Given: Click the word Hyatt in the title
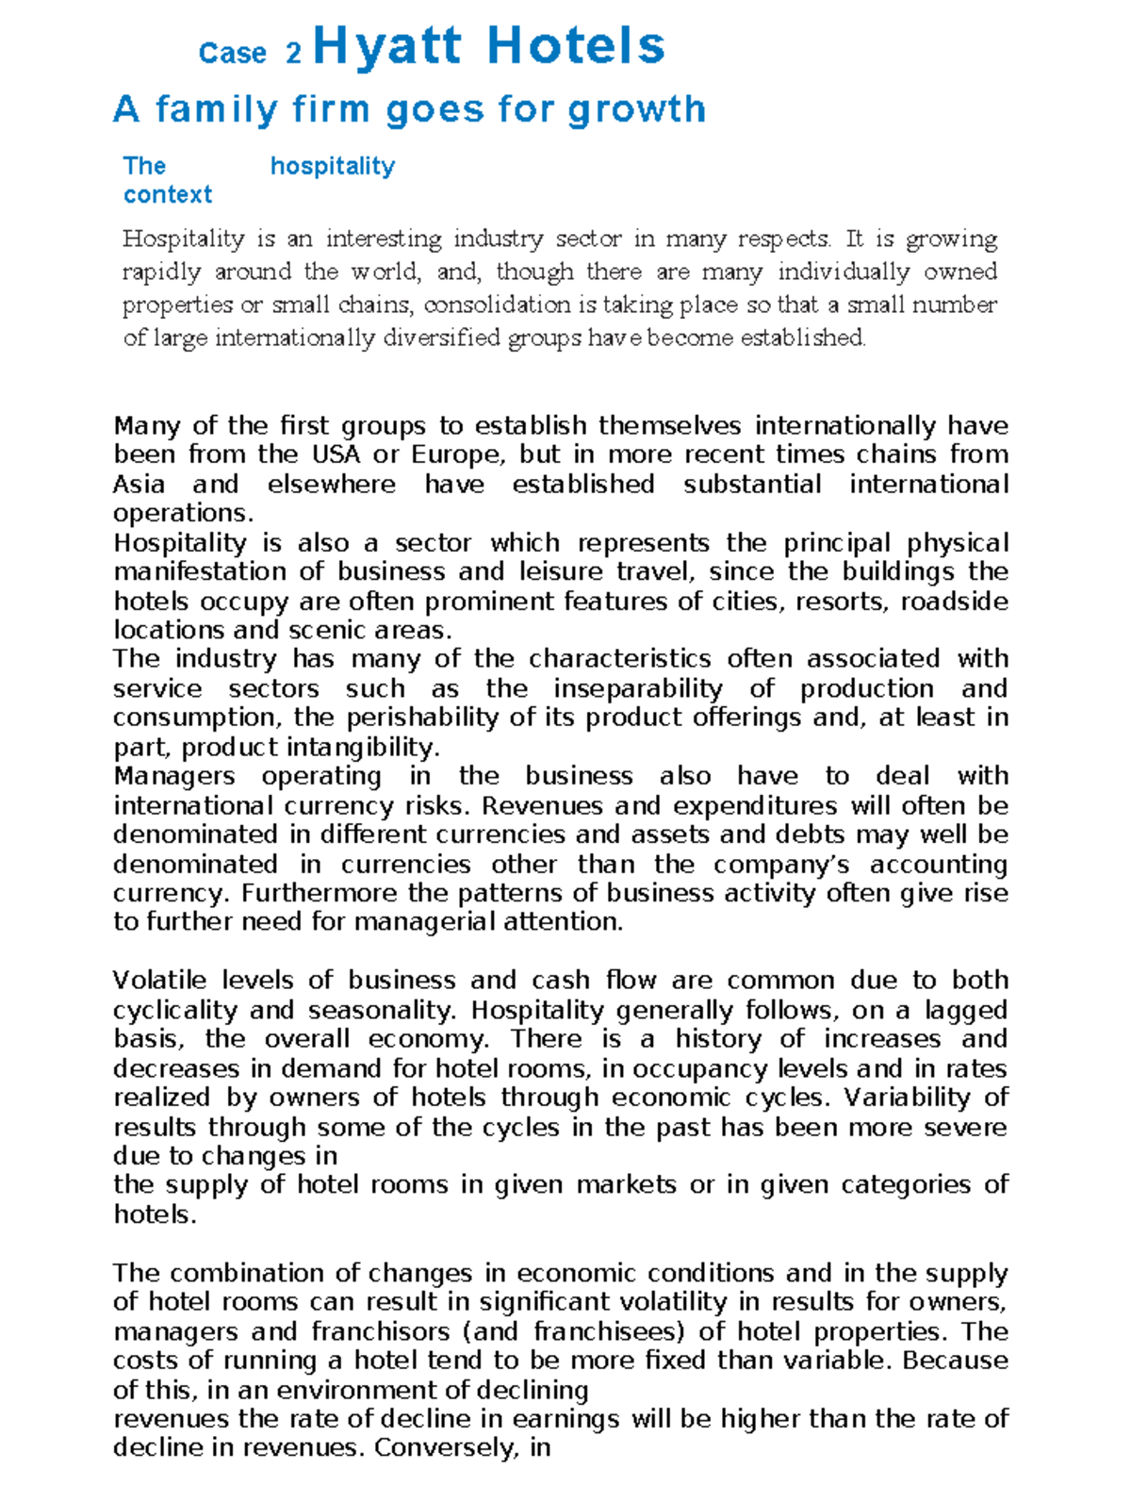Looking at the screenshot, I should (387, 47).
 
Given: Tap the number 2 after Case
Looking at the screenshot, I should (293, 54).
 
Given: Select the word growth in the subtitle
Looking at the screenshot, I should (636, 109).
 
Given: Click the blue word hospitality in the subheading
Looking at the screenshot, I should (333, 167).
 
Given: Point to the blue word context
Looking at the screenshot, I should (168, 195).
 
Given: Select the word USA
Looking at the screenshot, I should (336, 454).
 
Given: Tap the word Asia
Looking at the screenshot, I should (139, 485).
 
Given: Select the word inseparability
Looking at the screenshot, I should (638, 689).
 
